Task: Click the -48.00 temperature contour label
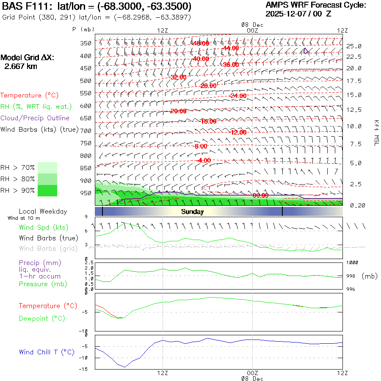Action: tap(201, 43)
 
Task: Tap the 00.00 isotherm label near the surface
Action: tap(260, 196)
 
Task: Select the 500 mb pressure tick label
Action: tap(86, 81)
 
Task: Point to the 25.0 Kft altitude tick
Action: tap(354, 46)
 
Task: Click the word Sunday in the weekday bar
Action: tap(193, 212)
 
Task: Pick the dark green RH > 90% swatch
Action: tap(47, 190)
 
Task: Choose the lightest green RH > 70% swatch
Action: tap(47, 168)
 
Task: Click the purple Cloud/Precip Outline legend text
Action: tap(35, 118)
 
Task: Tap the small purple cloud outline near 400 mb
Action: tap(306, 51)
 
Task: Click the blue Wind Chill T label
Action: tap(47, 352)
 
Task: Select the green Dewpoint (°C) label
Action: tap(42, 318)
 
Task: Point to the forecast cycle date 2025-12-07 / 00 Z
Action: tap(298, 14)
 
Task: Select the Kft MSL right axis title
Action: tap(375, 133)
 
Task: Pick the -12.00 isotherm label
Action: tap(238, 133)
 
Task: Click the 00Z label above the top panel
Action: tap(252, 30)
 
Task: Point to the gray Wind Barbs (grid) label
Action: tap(48, 248)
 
